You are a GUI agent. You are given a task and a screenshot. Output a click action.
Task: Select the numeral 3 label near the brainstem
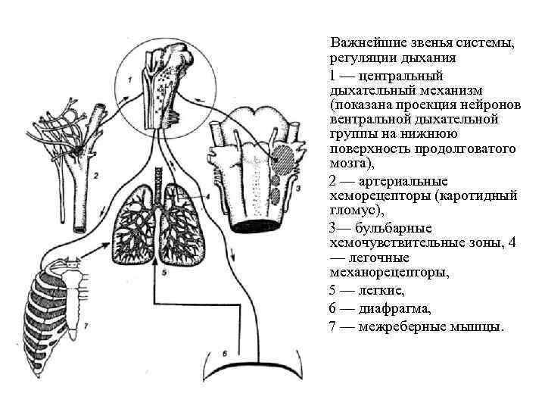click(300, 187)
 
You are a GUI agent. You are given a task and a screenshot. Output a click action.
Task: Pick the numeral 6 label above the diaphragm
click(225, 351)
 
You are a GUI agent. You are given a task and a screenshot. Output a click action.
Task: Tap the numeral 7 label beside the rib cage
click(86, 326)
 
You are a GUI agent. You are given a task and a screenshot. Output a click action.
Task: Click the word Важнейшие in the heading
click(363, 43)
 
